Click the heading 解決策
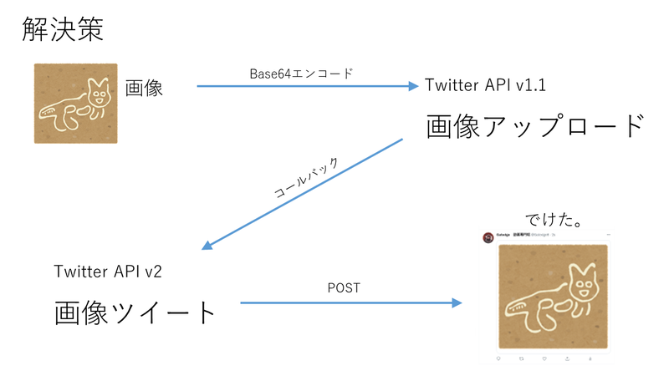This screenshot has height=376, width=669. [62, 30]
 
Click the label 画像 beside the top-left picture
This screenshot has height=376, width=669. [144, 88]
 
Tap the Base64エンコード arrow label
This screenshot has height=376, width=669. [302, 73]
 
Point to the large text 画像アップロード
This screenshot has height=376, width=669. [535, 127]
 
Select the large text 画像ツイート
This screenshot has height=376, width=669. [135, 313]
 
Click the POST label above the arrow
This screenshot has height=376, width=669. [343, 288]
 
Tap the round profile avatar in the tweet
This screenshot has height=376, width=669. [488, 237]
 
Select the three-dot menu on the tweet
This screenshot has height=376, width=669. [606, 235]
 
